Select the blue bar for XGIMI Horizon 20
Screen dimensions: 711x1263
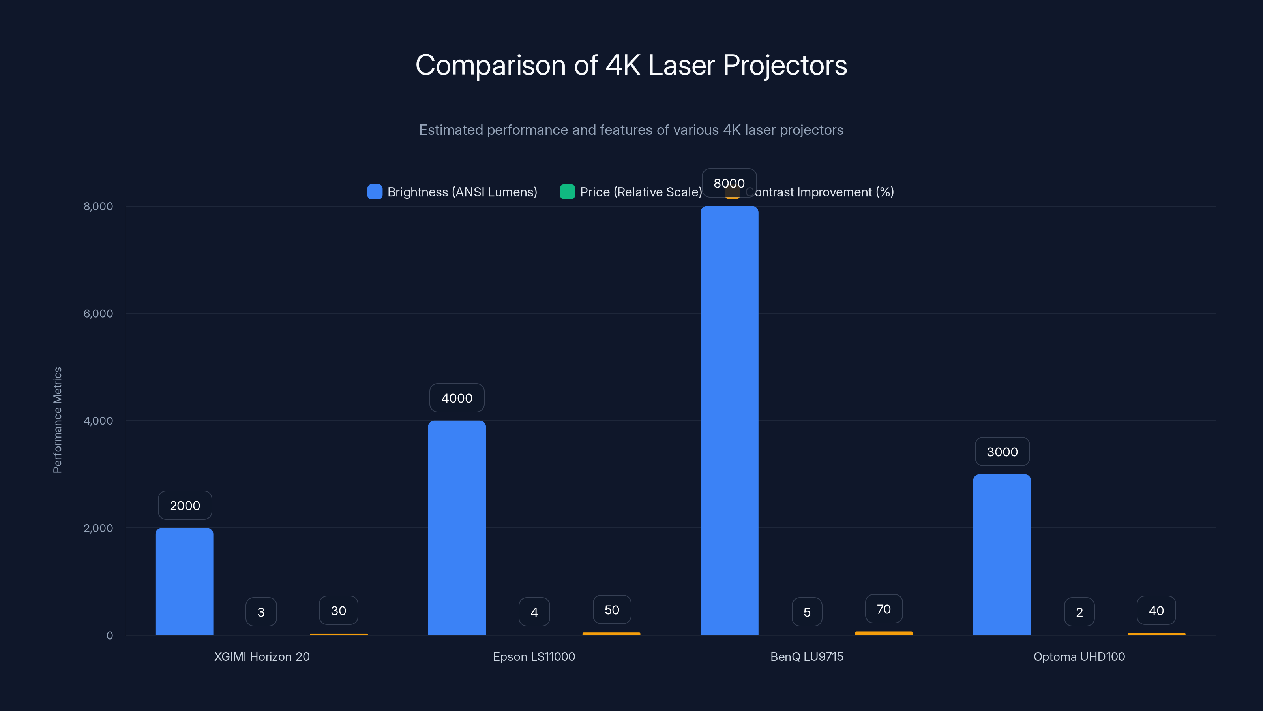click(x=184, y=581)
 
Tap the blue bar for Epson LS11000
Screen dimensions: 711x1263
click(x=457, y=527)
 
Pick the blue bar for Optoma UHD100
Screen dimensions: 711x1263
click(x=1002, y=555)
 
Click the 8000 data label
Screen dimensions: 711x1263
click(x=729, y=183)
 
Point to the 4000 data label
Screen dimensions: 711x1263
click(x=457, y=398)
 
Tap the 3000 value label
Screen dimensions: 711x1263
click(x=1002, y=451)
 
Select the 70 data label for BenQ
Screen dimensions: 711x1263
click(x=884, y=609)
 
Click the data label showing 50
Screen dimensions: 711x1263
click(x=611, y=609)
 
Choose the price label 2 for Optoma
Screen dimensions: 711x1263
click(x=1079, y=612)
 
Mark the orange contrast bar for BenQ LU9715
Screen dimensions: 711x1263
click(x=884, y=633)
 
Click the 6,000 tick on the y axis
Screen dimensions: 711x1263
click(x=98, y=314)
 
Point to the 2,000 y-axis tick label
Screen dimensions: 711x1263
click(x=98, y=528)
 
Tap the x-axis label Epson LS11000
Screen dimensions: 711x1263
click(x=534, y=656)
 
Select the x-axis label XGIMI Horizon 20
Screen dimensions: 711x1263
click(x=262, y=656)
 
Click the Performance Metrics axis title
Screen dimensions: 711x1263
click(x=57, y=420)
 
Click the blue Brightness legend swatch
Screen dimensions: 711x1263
click(x=375, y=192)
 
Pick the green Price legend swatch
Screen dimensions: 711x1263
click(x=567, y=192)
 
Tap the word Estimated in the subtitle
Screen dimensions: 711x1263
click(x=451, y=130)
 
